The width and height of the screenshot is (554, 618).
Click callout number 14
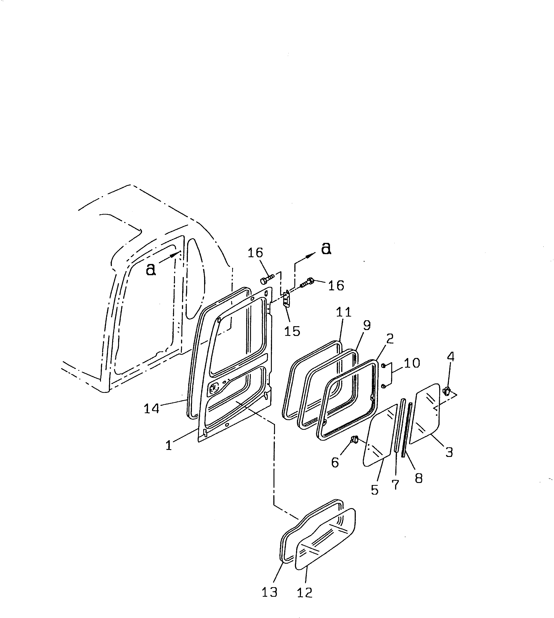pyautogui.click(x=152, y=408)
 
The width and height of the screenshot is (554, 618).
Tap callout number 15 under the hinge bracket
pyautogui.click(x=292, y=331)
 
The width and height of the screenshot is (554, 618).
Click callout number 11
pyautogui.click(x=344, y=312)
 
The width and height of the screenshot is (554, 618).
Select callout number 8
pyautogui.click(x=419, y=479)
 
